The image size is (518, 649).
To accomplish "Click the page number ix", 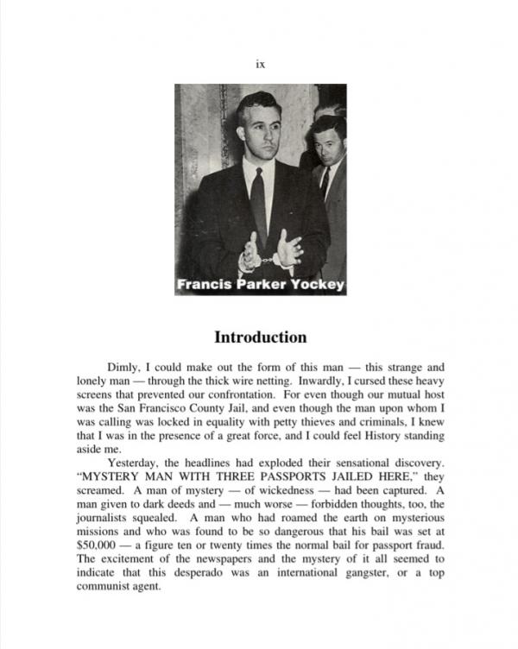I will pyautogui.click(x=260, y=64).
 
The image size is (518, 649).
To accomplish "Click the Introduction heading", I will pyautogui.click(x=260, y=337).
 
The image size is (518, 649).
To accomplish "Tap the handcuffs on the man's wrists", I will pyautogui.click(x=271, y=255).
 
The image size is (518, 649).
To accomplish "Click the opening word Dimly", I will pyautogui.click(x=123, y=367).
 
